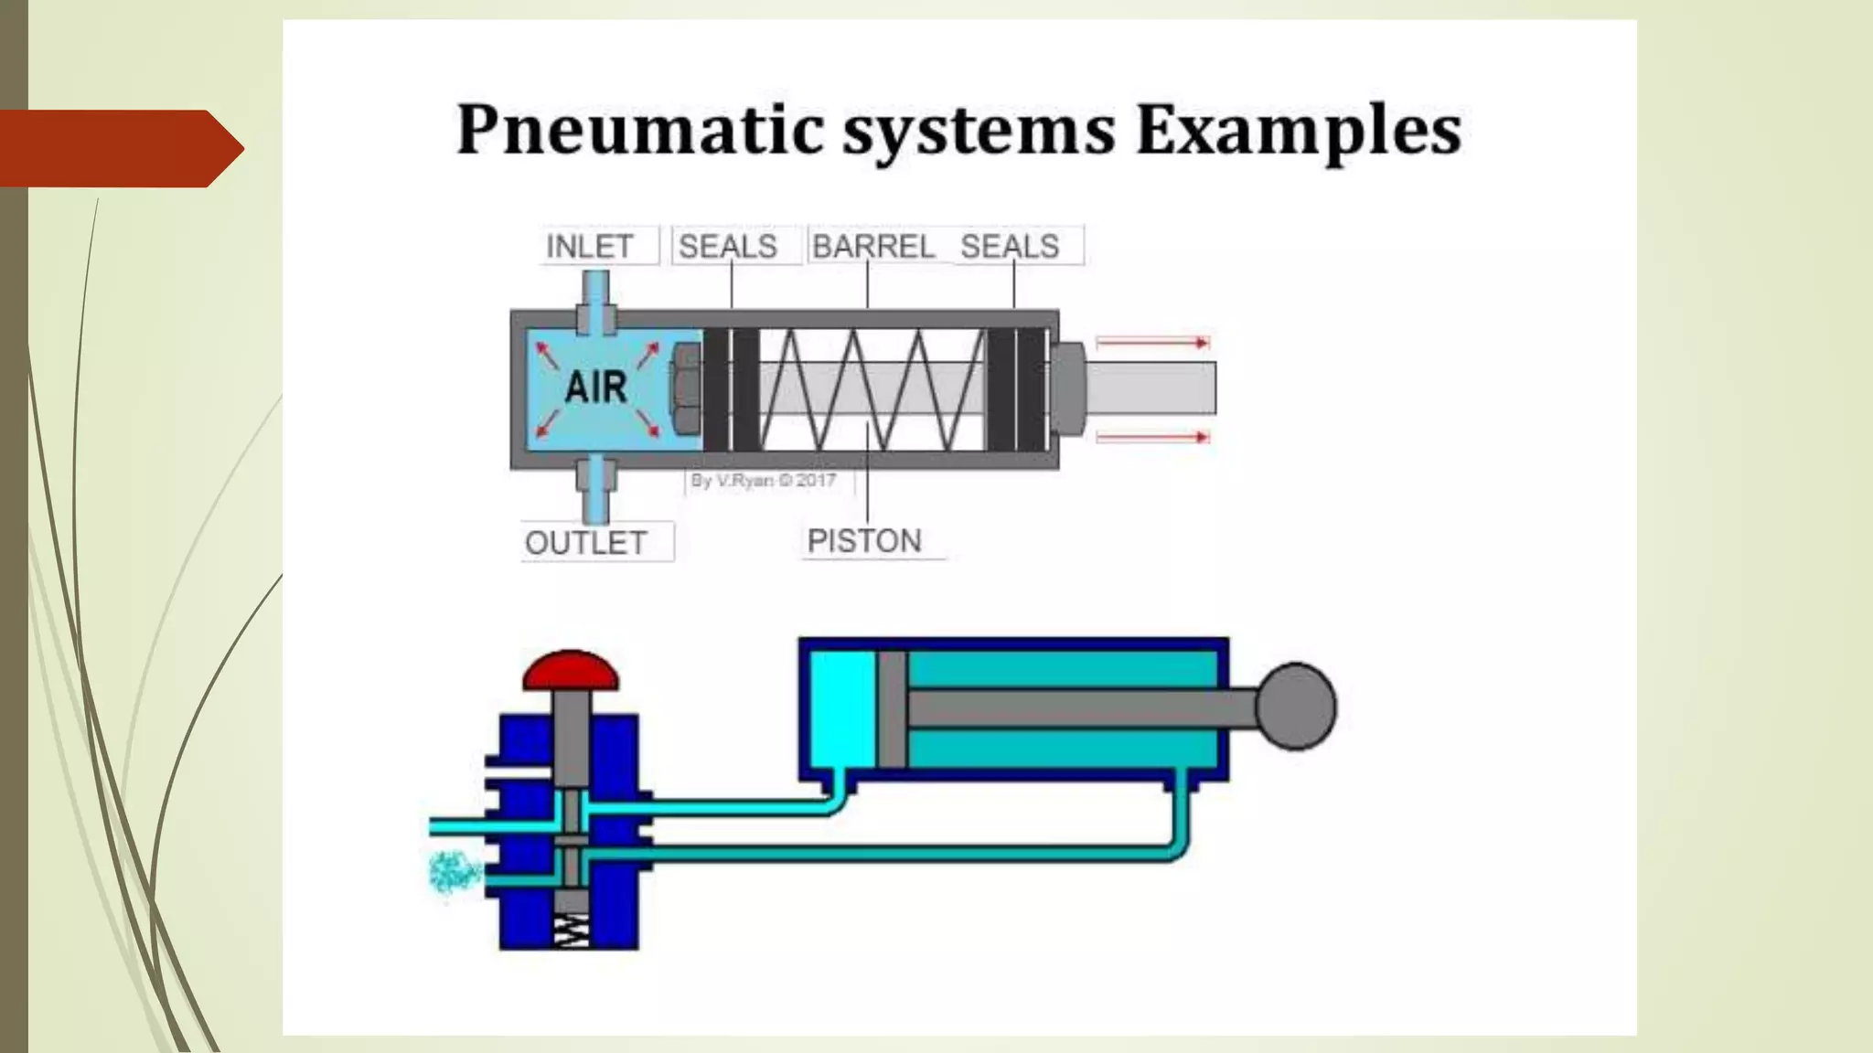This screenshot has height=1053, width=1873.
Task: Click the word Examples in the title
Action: click(1298, 131)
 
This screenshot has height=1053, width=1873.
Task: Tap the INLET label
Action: click(590, 246)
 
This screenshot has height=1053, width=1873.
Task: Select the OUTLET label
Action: click(586, 542)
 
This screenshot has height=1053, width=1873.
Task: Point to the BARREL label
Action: click(872, 246)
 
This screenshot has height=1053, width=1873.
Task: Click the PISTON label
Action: click(864, 541)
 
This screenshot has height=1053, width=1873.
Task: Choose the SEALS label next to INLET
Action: click(728, 246)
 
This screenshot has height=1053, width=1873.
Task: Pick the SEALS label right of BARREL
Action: click(1010, 246)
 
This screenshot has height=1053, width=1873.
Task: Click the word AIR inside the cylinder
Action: click(596, 388)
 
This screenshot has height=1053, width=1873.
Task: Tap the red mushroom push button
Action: click(571, 671)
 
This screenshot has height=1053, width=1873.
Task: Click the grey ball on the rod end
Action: click(1296, 706)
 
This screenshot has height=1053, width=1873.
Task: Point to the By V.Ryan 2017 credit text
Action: click(763, 480)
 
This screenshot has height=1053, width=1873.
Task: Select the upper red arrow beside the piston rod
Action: click(1153, 343)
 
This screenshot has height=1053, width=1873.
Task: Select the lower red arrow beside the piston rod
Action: click(1153, 438)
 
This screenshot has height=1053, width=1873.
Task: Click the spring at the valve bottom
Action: click(571, 931)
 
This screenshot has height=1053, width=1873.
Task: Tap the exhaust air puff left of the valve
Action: click(455, 872)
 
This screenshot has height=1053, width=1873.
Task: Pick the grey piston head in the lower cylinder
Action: click(892, 707)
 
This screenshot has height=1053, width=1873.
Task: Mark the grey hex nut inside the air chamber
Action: click(687, 388)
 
